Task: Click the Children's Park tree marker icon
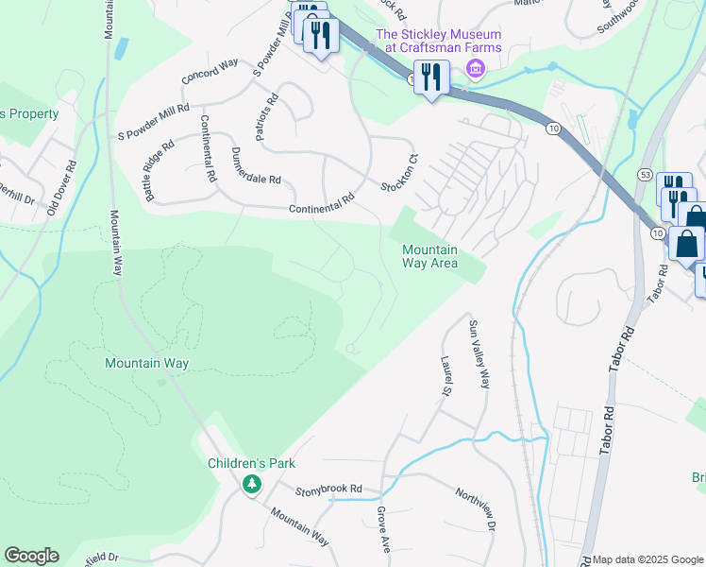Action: click(251, 485)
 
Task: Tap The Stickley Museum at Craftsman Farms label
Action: click(439, 42)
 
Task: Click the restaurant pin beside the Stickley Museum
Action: click(432, 77)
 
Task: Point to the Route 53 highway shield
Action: click(646, 175)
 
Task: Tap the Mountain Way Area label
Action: click(429, 256)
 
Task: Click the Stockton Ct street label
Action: click(399, 171)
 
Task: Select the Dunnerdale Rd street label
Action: click(255, 165)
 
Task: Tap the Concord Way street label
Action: click(210, 72)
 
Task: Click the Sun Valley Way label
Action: click(480, 354)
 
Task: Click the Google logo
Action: click(31, 556)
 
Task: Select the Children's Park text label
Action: click(252, 463)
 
